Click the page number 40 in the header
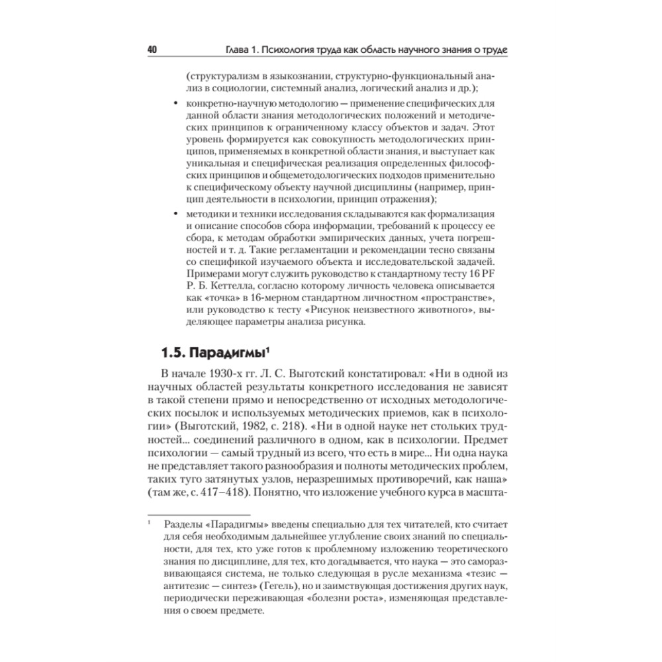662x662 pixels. coord(151,51)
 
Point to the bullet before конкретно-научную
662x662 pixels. coord(174,105)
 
